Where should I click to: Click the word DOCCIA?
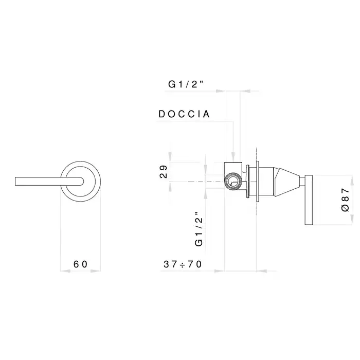(x=184, y=114)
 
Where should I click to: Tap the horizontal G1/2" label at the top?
(x=186, y=84)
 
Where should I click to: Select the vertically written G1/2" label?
(x=199, y=229)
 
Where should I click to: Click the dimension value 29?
(x=164, y=172)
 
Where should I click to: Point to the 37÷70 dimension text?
(x=183, y=264)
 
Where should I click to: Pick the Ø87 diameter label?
(x=345, y=200)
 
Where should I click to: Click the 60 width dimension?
(x=80, y=264)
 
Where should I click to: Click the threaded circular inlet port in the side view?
(x=233, y=181)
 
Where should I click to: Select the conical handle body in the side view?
(x=287, y=182)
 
